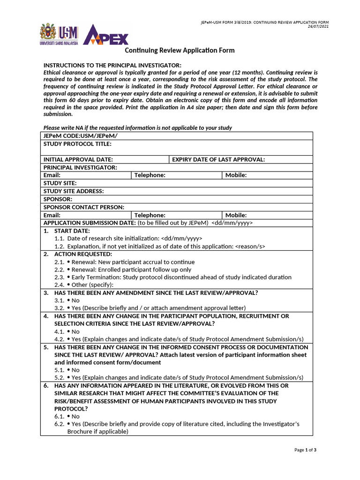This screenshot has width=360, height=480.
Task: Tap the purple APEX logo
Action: (105, 35)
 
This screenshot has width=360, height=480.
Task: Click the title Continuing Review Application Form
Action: (180, 50)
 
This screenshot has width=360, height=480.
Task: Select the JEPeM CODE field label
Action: (80, 136)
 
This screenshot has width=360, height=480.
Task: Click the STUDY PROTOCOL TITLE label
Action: (77, 144)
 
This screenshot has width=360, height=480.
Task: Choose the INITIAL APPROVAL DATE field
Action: (78, 159)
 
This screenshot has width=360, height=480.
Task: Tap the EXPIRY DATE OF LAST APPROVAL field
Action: (218, 159)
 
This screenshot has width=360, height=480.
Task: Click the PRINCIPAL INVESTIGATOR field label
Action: (80, 167)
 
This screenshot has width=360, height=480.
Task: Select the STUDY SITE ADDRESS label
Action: (74, 191)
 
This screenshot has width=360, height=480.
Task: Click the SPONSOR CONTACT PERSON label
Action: (84, 207)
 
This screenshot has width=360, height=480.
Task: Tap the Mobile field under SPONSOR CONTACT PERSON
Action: (236, 215)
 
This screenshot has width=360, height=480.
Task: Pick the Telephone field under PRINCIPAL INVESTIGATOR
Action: (150, 175)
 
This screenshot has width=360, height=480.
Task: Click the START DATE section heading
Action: (72, 231)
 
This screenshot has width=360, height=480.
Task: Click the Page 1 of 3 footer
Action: (306, 450)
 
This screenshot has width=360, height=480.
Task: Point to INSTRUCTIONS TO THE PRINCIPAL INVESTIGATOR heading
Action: (112, 65)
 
